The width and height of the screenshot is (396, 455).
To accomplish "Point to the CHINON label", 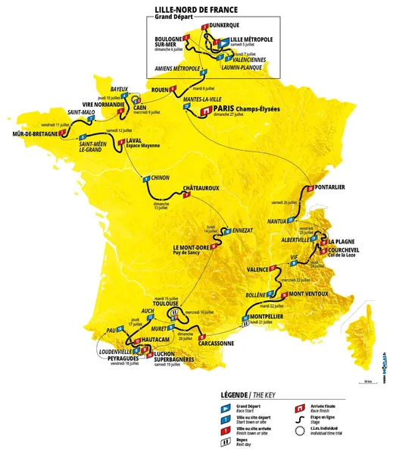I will (160, 177).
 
